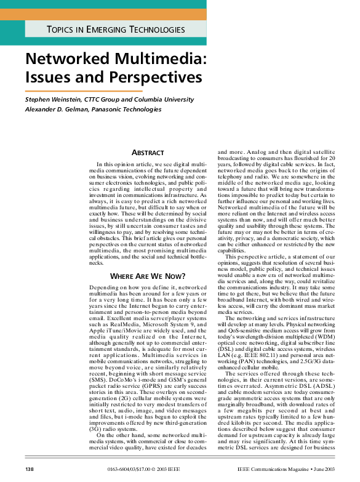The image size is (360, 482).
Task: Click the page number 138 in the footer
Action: [29, 470]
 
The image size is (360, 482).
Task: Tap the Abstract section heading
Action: [148, 152]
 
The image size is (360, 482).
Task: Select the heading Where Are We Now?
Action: [148, 276]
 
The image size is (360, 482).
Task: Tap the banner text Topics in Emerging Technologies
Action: [116, 30]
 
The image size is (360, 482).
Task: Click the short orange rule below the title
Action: [83, 90]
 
